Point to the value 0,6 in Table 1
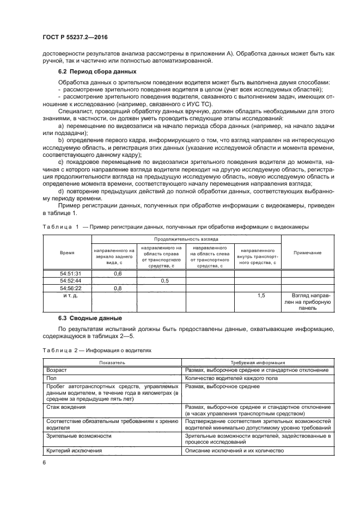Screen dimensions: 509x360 click(x=117, y=273)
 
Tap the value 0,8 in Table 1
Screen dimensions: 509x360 click(x=117, y=288)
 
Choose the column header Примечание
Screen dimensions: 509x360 click(x=307, y=253)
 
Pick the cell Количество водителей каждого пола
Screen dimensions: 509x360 click(x=231, y=378)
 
